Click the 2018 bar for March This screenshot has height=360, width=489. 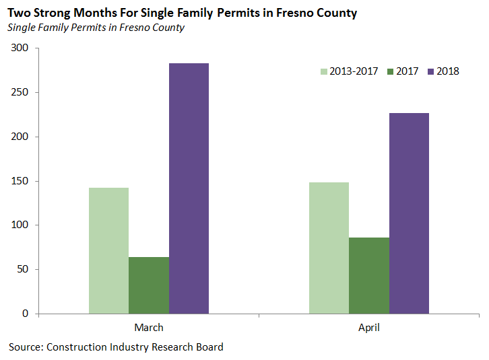[189, 188]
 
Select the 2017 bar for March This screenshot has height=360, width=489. [149, 285]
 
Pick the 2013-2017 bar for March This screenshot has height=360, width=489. [108, 250]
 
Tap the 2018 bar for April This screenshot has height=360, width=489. [409, 213]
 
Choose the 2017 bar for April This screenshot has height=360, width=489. [369, 275]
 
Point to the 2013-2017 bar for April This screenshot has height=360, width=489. [329, 248]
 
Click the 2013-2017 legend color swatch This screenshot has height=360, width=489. [323, 71]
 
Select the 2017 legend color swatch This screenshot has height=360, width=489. [391, 71]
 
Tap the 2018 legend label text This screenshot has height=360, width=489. [448, 71]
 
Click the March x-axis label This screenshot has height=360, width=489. [149, 328]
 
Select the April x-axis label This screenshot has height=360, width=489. [369, 328]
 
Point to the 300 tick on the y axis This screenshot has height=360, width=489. [20, 48]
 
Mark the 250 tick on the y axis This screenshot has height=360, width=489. [20, 93]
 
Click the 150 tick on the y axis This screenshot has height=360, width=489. [20, 181]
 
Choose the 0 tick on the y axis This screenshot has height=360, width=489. [26, 314]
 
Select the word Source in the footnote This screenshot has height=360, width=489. [24, 347]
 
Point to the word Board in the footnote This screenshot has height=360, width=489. [208, 347]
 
